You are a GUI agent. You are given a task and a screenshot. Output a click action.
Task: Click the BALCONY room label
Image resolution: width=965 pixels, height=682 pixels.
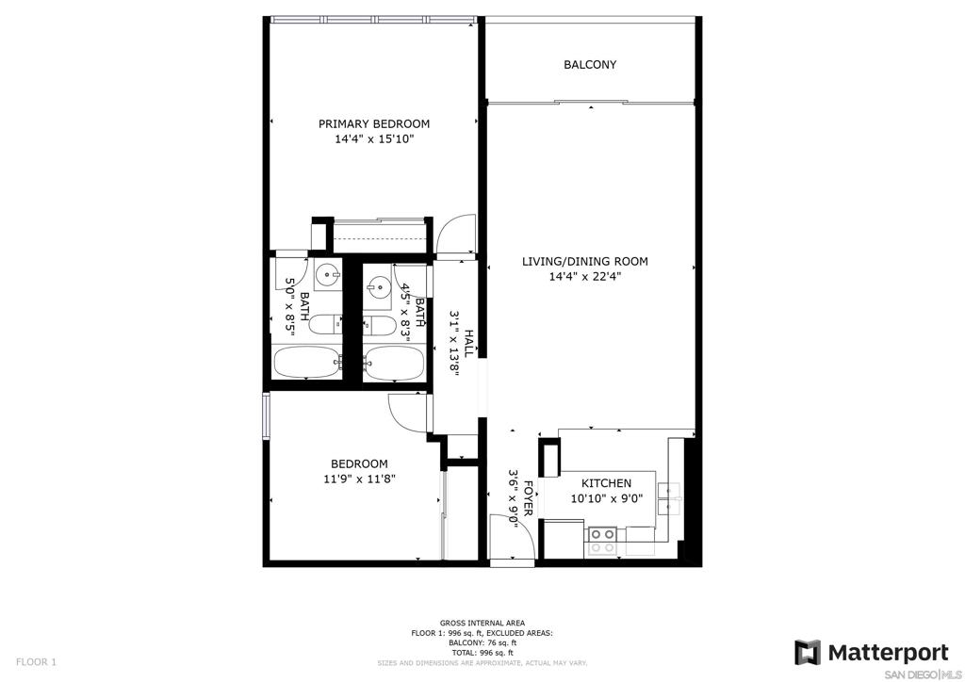click(590, 65)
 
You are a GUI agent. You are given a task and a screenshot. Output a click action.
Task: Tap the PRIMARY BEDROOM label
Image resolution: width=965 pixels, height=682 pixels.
click(373, 123)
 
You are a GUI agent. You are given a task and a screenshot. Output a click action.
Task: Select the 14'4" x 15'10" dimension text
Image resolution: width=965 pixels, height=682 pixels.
click(373, 139)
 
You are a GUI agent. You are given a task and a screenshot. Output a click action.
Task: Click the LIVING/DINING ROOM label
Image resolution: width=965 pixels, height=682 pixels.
click(584, 261)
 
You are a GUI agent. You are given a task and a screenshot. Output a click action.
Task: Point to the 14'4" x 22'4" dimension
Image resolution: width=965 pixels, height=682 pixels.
click(584, 277)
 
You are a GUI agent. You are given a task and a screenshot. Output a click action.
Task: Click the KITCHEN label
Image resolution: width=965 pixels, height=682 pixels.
click(606, 483)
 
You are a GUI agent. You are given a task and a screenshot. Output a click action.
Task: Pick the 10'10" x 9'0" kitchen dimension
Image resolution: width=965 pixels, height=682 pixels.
click(606, 498)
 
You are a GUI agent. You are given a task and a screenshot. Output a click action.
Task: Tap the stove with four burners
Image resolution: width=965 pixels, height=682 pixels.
click(602, 542)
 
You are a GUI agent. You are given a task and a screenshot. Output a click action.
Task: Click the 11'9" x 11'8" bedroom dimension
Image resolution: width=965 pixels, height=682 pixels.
click(359, 479)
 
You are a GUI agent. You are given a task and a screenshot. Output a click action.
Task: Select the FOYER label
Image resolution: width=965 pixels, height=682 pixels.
click(528, 498)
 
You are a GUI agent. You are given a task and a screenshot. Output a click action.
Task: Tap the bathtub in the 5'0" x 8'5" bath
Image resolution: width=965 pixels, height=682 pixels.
click(306, 363)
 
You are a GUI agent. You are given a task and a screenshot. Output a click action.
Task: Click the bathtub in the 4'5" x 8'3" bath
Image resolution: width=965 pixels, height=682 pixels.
click(394, 363)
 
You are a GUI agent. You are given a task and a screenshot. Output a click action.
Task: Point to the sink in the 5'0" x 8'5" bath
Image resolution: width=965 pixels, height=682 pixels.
click(327, 274)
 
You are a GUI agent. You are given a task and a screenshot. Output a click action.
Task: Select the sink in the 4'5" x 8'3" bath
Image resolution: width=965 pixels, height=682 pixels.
click(377, 286)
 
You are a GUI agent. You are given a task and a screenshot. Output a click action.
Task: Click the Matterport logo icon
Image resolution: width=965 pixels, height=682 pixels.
click(807, 653)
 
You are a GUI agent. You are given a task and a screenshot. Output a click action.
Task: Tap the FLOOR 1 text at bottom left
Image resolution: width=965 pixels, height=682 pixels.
click(36, 662)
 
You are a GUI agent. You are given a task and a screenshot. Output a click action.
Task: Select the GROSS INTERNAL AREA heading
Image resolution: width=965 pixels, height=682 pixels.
click(482, 623)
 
